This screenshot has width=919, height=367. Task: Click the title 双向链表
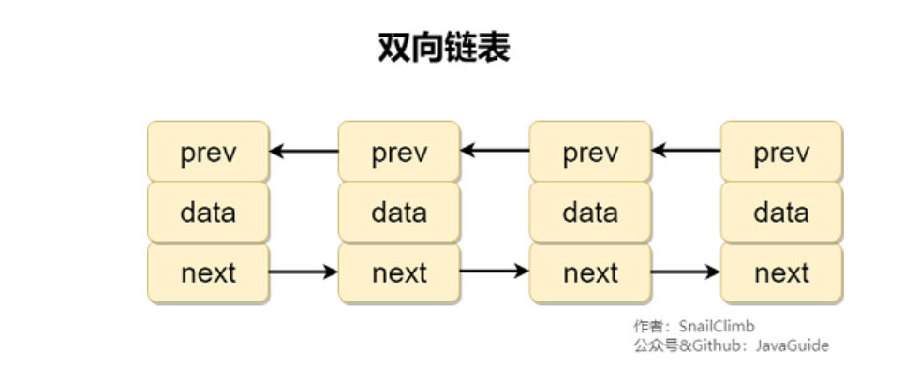pos(444,48)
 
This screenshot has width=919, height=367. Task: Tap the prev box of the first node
pos(208,151)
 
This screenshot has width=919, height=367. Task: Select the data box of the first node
pos(208,212)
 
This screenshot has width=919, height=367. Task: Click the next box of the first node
pos(208,272)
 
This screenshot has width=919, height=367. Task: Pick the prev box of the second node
pos(399,151)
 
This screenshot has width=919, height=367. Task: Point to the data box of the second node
pos(399,212)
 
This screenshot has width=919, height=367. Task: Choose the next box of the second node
pos(399,272)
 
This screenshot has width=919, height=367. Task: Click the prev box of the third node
pos(590,151)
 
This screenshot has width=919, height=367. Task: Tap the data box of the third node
pos(590,212)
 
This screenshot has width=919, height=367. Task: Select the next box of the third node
pos(590,272)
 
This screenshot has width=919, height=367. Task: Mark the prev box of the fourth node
pos(781,151)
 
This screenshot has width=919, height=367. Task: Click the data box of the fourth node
pos(781,212)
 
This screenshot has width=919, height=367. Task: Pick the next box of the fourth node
pos(781,272)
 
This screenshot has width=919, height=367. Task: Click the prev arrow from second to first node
pos(304,151)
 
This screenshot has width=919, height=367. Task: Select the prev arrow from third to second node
pos(495,151)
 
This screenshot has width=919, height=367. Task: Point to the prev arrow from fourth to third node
pos(686,151)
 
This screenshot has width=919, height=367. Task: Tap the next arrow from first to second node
pos(304,272)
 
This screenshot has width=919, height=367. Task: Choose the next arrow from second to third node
pos(495,271)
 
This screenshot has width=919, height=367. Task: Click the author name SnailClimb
pos(717,326)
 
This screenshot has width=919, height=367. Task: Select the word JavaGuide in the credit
pos(793,345)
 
